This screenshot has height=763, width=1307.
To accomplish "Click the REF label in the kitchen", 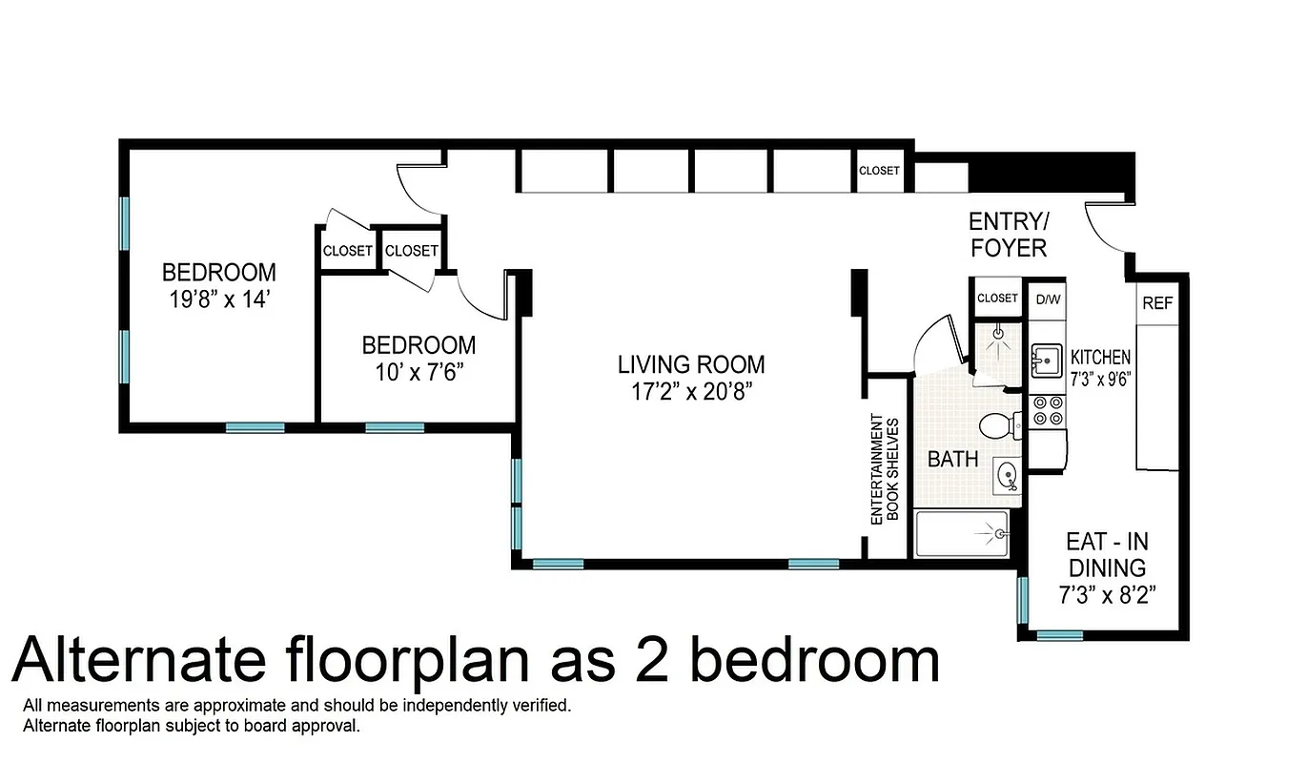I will point(1157,304).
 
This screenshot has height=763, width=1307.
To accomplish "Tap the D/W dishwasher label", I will point(1048,299).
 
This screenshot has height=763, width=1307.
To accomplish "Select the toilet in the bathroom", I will point(995,424).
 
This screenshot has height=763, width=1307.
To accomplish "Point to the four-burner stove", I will point(1047,411).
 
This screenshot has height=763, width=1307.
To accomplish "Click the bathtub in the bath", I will point(962,535).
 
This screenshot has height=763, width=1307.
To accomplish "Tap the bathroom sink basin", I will point(1006,472).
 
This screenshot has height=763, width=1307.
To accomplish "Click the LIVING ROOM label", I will point(691,364).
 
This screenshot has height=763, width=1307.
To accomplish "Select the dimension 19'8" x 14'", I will point(218,298).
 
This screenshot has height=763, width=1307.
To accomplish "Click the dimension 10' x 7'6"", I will point(419,370).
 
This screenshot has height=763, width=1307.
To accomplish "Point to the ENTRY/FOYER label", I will point(1008,235).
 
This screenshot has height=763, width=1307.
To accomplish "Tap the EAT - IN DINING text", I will point(1107,555).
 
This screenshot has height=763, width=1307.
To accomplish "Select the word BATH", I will point(953,459).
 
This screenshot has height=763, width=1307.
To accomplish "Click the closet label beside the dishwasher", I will point(997,298).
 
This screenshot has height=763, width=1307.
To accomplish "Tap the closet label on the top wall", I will point(879,171).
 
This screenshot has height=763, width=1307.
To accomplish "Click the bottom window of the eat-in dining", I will point(1059,635).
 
